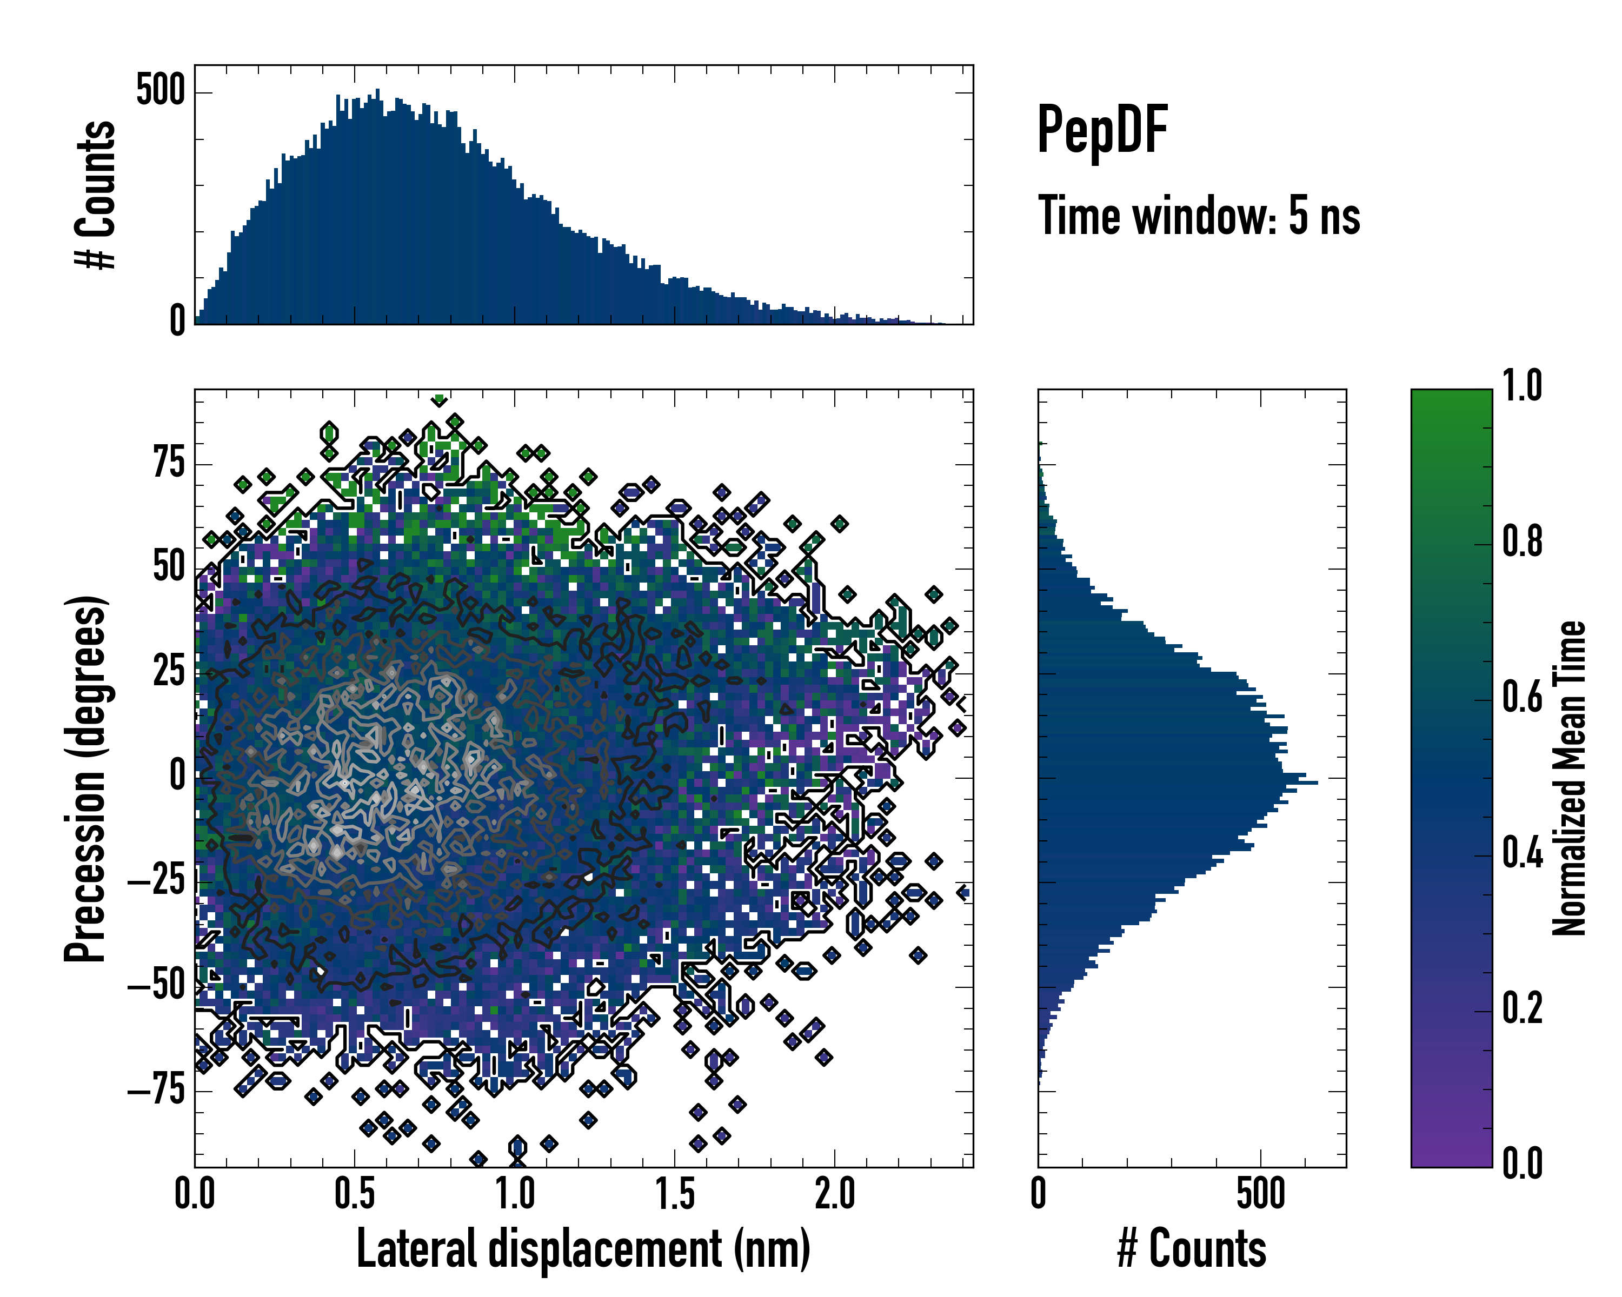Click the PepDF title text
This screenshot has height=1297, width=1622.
coord(1101,131)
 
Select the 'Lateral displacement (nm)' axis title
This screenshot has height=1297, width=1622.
coord(583,1249)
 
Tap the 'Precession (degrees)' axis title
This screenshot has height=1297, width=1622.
coord(85,778)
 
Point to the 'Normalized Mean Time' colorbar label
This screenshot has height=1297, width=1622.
coord(1570,778)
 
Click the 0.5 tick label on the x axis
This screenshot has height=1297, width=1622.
coord(354,1193)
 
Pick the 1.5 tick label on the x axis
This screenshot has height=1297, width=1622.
coord(675,1193)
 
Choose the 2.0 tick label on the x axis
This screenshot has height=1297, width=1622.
coord(835,1193)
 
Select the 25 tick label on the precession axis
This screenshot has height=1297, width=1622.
coord(169,671)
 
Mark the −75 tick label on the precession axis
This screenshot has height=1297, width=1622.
coord(156,1089)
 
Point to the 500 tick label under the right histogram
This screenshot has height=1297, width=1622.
coord(1261,1193)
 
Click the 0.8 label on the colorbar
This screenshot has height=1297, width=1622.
coord(1522,541)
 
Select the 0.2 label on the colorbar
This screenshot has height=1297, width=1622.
coord(1522,1008)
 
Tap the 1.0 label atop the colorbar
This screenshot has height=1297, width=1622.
coord(1522,386)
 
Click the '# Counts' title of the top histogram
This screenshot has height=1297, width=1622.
coord(96,195)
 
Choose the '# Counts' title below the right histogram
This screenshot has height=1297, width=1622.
coord(1192,1249)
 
